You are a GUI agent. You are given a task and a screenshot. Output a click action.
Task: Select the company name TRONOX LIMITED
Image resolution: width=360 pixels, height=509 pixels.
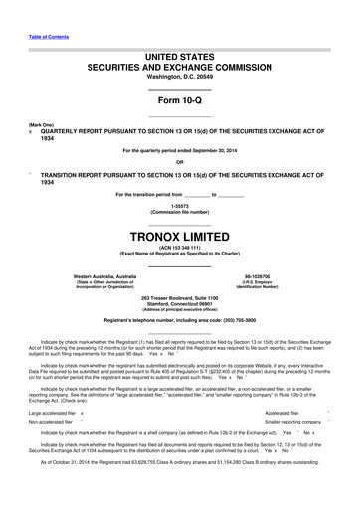[180, 237]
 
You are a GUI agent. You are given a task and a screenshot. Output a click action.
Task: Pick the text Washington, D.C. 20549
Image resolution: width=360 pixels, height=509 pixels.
[180, 75]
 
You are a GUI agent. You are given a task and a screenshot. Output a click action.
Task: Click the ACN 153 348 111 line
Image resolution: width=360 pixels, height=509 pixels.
[180, 251]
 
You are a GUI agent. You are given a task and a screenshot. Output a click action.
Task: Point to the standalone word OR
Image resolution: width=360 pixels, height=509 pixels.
[180, 162]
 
